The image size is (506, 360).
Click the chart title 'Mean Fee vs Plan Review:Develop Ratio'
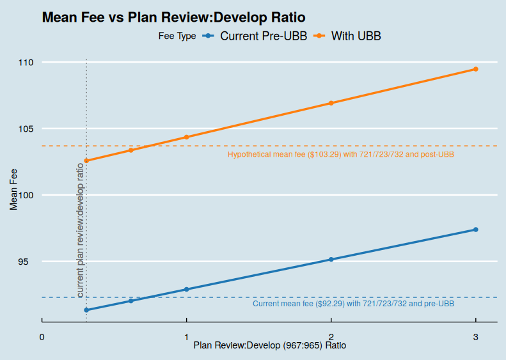173,17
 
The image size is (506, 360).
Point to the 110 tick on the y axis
26,63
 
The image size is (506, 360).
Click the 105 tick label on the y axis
26,129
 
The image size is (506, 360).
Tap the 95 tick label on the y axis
29,262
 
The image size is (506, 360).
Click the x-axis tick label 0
42,337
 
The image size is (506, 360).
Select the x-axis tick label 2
331,337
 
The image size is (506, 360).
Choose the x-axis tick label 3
476,337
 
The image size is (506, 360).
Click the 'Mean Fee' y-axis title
14,188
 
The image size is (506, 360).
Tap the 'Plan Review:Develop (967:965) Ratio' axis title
270,346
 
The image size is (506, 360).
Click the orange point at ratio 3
476,69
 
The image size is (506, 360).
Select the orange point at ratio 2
331,103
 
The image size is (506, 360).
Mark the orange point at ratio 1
187,137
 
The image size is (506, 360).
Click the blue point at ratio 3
476,230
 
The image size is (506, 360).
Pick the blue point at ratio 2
331,260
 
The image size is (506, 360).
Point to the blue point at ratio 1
187,289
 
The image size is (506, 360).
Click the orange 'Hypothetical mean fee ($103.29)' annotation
341,155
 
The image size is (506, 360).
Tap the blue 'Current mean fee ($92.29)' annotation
353,304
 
